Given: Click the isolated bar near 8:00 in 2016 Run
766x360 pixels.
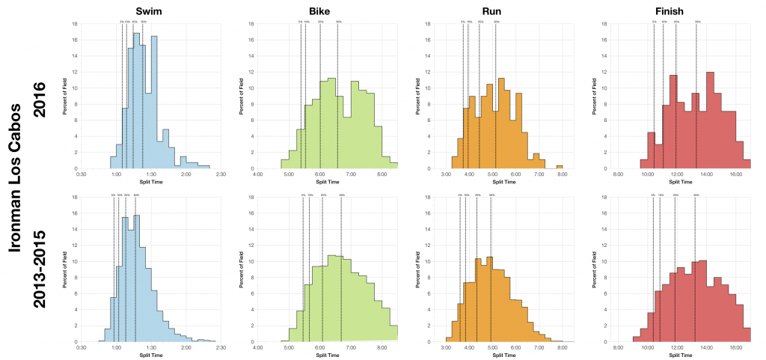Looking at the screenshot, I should click(x=559, y=167).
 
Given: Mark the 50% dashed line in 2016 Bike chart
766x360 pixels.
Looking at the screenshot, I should click(x=337, y=97).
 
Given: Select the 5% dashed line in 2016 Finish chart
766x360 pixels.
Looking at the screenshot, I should click(x=654, y=97).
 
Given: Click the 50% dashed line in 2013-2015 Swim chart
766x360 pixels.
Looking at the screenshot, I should click(x=135, y=269).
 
